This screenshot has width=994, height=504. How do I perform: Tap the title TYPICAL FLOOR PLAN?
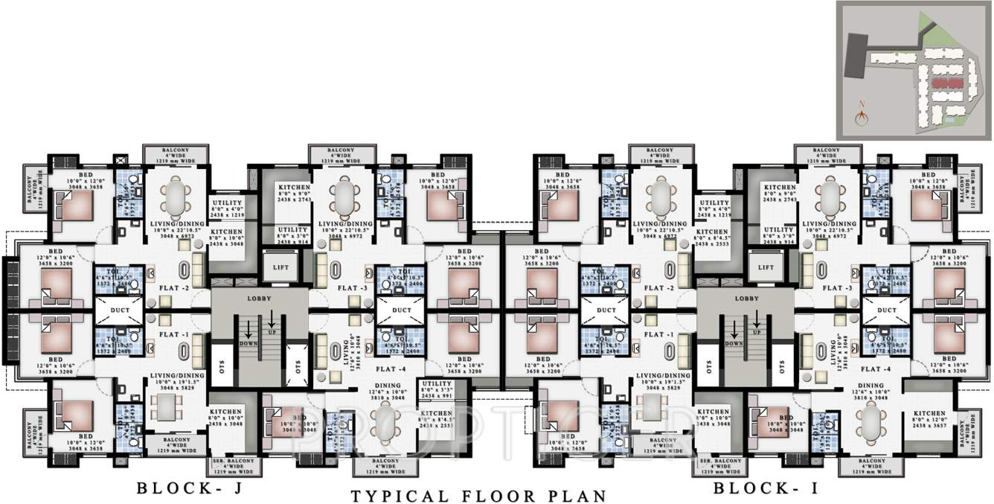coord(478,496)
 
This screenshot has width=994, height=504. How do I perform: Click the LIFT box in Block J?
coord(280,267)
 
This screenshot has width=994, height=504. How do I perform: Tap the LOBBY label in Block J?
coord(259,298)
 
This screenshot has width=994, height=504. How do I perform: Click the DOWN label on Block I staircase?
coord(734,343)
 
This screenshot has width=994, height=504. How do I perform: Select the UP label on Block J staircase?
coord(272,332)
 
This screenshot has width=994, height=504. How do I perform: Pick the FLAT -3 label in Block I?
coord(838,287)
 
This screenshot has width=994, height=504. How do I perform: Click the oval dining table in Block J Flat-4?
coord(387,424)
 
